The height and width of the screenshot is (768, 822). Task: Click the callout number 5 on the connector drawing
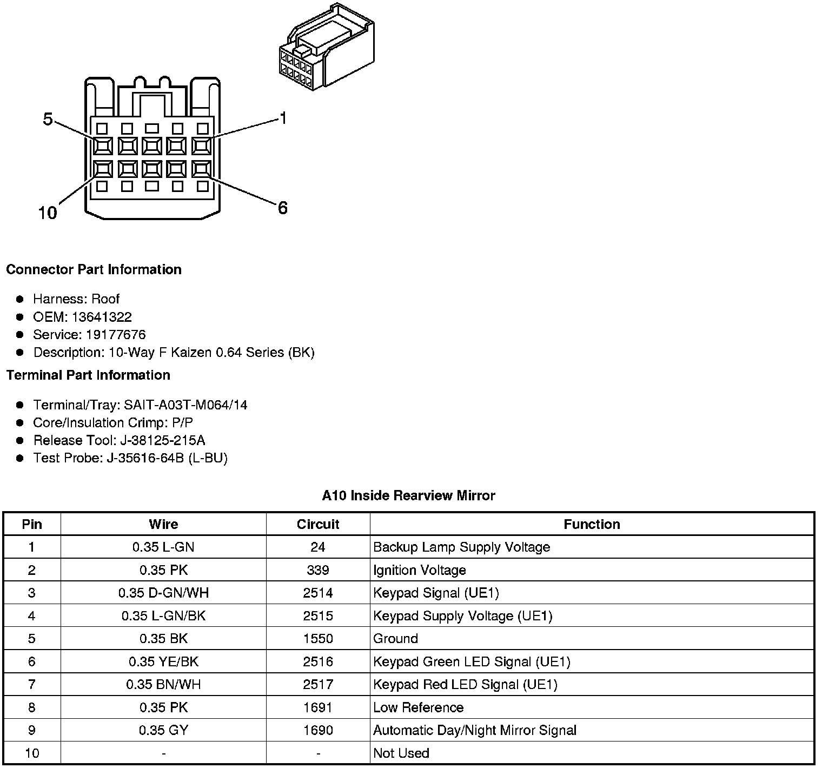[x=48, y=119]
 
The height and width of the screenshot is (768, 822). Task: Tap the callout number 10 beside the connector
[x=48, y=213]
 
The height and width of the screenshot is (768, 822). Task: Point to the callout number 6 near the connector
[x=283, y=208]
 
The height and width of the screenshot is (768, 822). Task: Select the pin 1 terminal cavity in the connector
[x=202, y=145]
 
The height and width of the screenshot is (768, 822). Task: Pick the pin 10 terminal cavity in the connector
[x=103, y=169]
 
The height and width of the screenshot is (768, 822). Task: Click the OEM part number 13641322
[x=102, y=317]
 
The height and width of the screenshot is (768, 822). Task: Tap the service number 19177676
[x=116, y=335]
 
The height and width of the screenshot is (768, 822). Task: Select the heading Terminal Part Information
[x=88, y=375]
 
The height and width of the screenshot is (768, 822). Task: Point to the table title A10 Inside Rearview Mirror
[x=408, y=495]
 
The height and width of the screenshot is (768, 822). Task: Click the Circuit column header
[x=318, y=524]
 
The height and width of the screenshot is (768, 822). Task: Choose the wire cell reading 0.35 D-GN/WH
[x=163, y=593]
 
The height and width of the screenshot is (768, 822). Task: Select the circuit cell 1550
[x=318, y=639]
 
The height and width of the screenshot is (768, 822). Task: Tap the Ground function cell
[x=395, y=639]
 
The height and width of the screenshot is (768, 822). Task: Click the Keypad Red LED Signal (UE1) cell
[x=465, y=685]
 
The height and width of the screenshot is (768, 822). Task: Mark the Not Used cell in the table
[x=401, y=753]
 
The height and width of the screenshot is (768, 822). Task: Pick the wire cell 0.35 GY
[x=163, y=730]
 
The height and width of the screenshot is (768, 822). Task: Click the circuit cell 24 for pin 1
[x=318, y=547]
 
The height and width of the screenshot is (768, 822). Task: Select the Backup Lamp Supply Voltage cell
[x=461, y=547]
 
